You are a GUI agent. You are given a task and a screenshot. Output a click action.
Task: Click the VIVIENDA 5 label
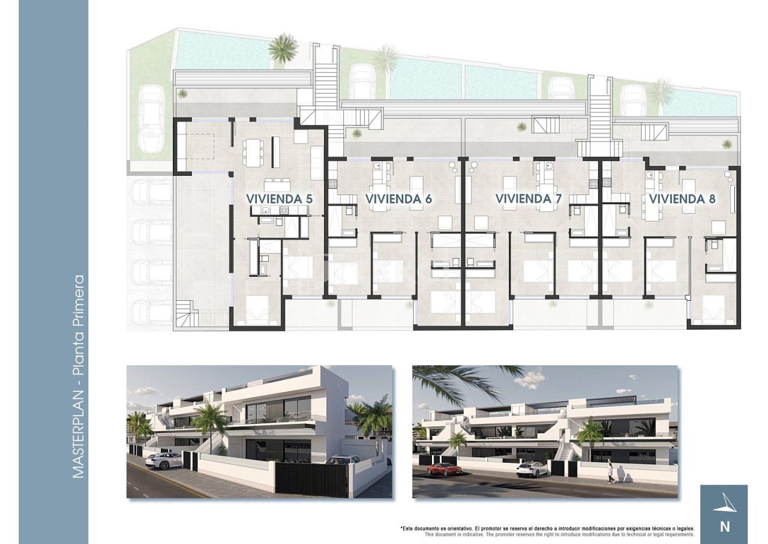click(279, 198)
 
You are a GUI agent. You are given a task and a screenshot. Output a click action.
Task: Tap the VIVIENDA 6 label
click(399, 198)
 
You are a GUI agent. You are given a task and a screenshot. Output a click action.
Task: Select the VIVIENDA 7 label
click(529, 198)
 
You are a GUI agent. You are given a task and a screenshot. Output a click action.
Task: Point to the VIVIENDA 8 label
click(682, 198)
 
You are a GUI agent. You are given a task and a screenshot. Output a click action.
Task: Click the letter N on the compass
click(724, 527)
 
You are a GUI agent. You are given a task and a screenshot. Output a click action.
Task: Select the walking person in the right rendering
click(610, 472)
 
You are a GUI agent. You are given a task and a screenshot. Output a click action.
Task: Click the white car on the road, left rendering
click(163, 461)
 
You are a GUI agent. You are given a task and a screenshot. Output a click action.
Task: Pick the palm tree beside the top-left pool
click(283, 49)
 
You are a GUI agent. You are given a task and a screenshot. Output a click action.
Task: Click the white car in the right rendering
click(532, 469)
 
